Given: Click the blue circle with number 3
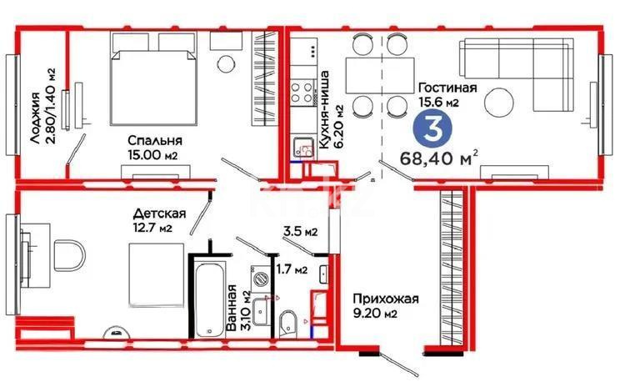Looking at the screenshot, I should tap(428, 131).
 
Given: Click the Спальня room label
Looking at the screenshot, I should tap(155, 141).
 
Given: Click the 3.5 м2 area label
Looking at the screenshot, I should tap(297, 231).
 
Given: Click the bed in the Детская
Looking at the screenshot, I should tap(155, 275).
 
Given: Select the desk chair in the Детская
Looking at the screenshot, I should tap(68, 254).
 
